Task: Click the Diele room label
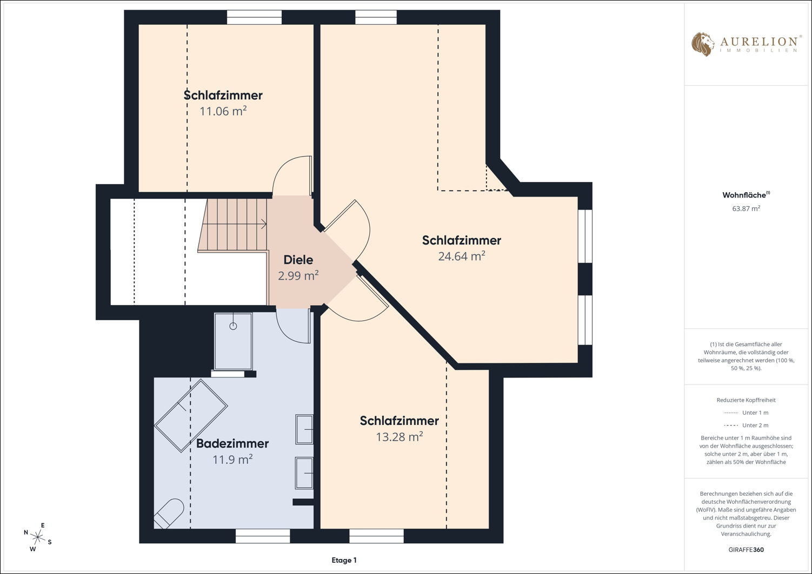(x=298, y=260)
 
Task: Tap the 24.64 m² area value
(x=462, y=256)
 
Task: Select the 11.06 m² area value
(x=223, y=111)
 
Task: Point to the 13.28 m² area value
(x=399, y=437)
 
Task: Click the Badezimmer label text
(x=232, y=443)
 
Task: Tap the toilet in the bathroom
(x=169, y=514)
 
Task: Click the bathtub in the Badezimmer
(x=191, y=416)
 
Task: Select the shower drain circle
(x=233, y=326)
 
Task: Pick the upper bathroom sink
(x=304, y=429)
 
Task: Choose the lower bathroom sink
(x=304, y=473)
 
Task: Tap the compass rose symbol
(x=38, y=537)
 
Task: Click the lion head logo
(x=702, y=44)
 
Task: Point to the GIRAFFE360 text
(x=746, y=549)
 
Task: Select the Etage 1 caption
(x=344, y=560)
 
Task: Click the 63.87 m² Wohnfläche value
(x=746, y=208)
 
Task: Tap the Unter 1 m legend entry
(x=746, y=413)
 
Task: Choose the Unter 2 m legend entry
(x=746, y=425)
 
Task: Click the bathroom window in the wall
(x=262, y=536)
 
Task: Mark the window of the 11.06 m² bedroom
(x=254, y=17)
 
